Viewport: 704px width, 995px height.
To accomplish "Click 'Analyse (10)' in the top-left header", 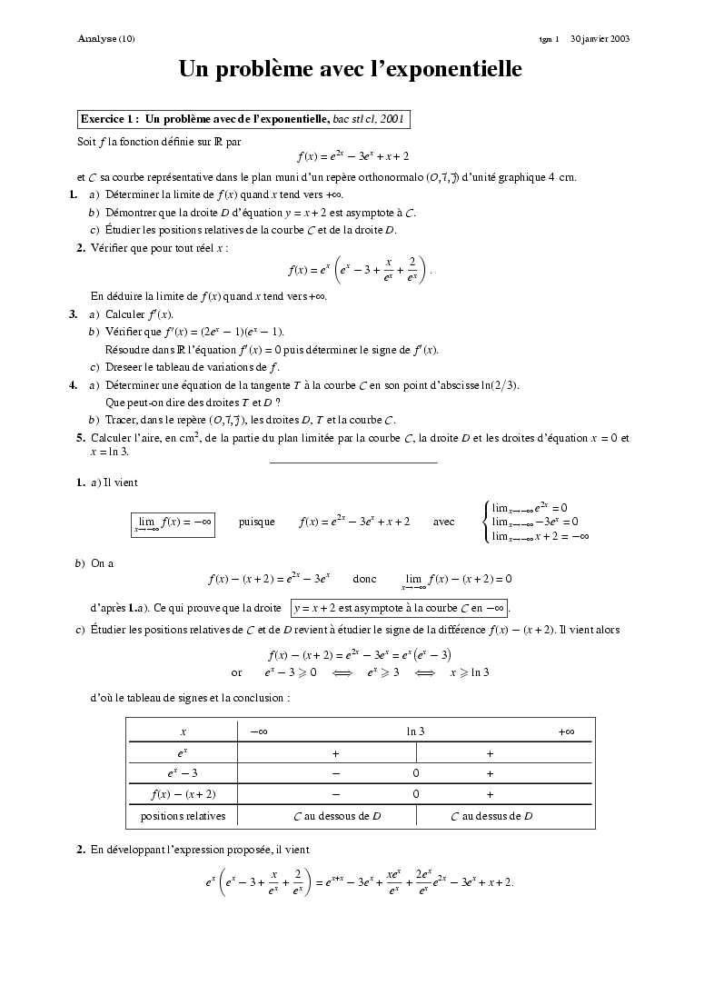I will (106, 39).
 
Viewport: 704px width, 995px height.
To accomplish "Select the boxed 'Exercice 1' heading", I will (243, 118).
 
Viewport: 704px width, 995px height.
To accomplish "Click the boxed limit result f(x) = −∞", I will (173, 522).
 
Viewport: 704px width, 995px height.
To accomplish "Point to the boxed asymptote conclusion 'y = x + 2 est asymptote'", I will (400, 606).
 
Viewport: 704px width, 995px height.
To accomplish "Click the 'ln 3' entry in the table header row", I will (415, 731).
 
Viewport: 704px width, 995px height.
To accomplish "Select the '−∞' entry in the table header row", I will (258, 731).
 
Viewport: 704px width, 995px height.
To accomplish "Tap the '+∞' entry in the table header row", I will (566, 731).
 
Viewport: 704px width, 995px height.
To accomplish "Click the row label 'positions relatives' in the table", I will (183, 816).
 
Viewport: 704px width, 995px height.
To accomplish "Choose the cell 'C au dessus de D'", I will (491, 816).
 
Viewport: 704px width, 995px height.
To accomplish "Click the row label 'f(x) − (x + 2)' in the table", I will (183, 794).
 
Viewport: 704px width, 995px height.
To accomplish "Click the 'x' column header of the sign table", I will (183, 731).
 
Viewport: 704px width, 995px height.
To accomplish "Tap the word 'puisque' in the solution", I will (256, 522).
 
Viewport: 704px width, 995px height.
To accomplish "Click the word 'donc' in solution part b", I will (364, 578).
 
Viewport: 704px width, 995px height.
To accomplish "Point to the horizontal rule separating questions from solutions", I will (353, 463).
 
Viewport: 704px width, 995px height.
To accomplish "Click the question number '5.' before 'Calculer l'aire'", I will (81, 437).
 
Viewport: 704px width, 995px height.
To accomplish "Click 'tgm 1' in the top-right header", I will (548, 39).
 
